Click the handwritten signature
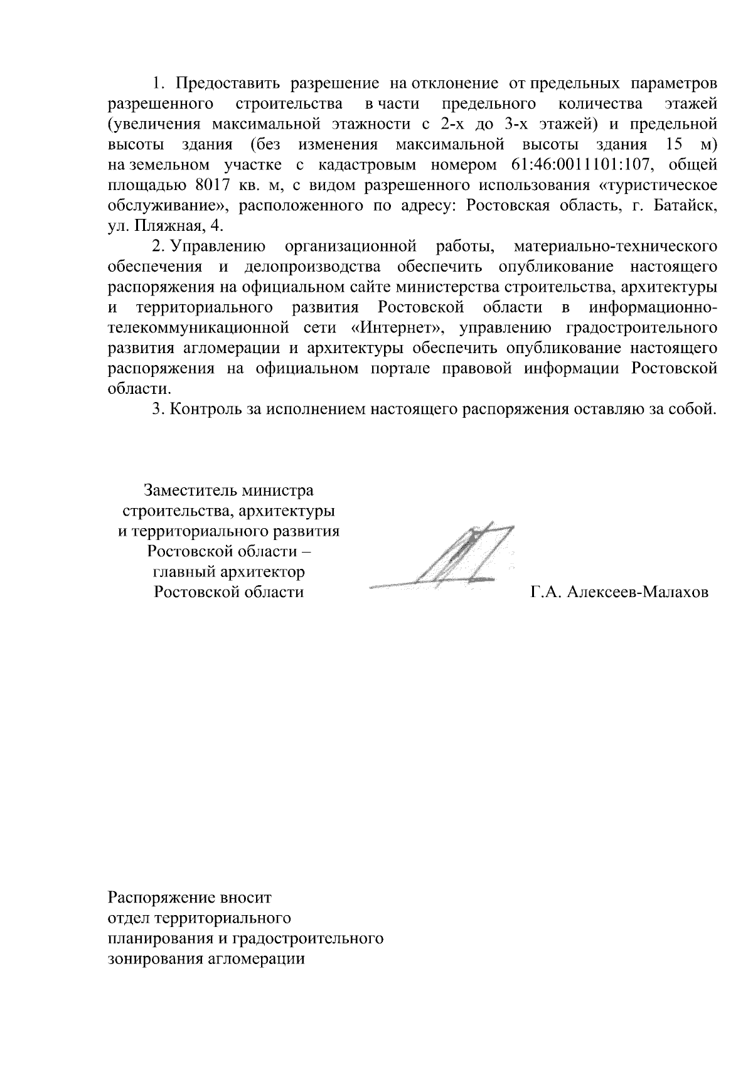(x=452, y=558)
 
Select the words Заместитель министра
(x=228, y=490)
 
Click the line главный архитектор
(x=228, y=572)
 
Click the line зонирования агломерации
(x=206, y=959)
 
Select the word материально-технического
(x=615, y=246)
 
